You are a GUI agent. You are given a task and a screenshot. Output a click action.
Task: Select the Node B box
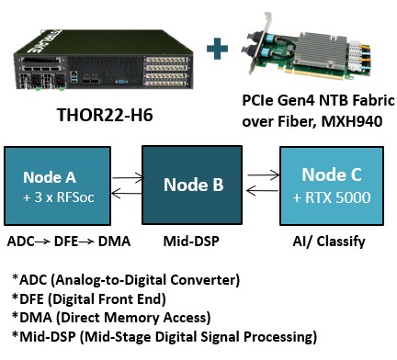193,186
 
